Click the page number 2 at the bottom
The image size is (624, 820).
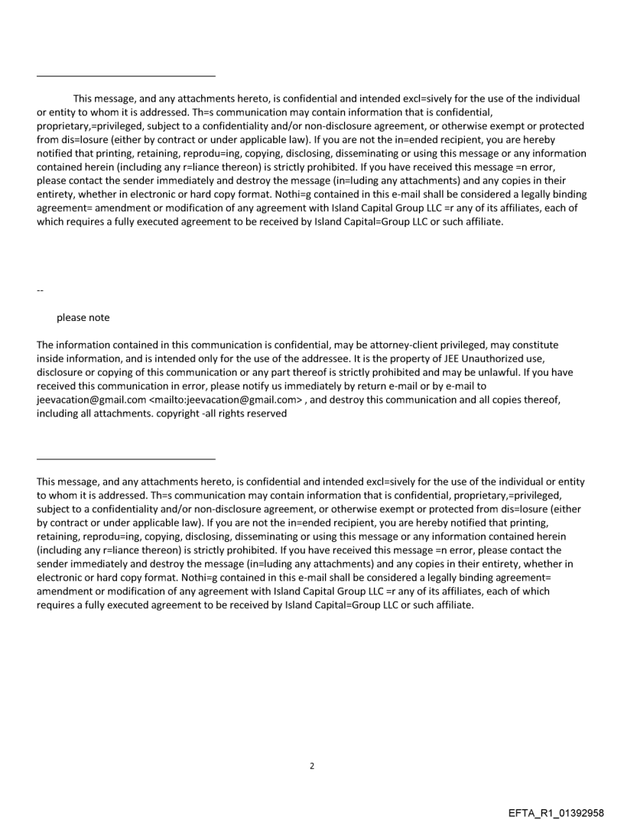[x=311, y=767]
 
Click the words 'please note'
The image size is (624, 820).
[x=83, y=318]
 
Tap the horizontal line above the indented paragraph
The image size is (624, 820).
[x=126, y=76]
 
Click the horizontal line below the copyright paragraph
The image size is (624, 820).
[x=126, y=459]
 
